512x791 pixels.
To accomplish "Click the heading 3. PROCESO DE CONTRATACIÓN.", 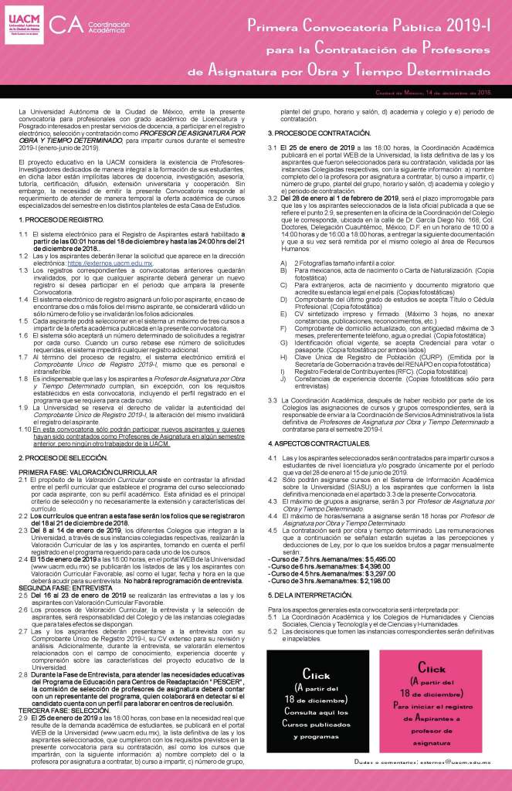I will [x=321, y=134].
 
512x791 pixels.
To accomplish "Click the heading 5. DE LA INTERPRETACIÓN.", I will [x=311, y=596].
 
